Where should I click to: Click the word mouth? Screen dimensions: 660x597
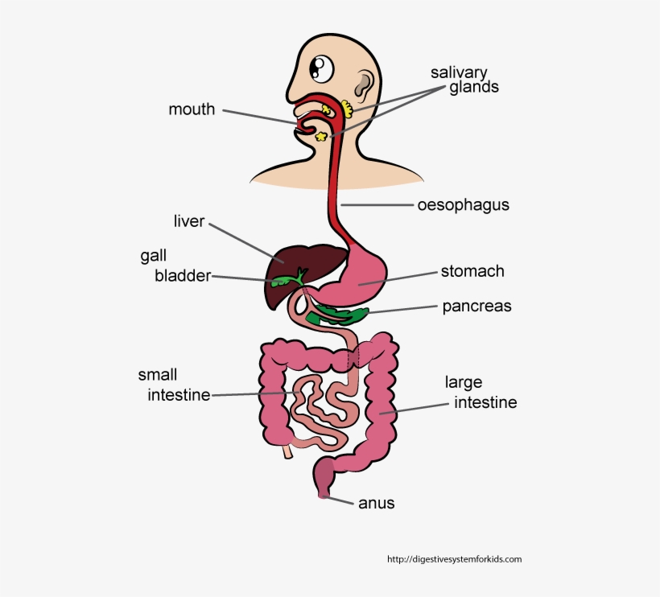[x=192, y=109]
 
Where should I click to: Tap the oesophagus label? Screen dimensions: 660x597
[x=463, y=205]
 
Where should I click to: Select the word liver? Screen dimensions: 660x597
[x=189, y=221]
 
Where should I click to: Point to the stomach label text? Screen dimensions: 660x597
[x=472, y=271]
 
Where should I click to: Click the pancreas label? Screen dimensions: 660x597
[x=476, y=307]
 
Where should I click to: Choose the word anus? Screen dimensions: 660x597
[x=377, y=503]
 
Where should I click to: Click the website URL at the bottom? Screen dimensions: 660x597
[x=454, y=559]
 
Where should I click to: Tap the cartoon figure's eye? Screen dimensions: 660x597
[x=322, y=68]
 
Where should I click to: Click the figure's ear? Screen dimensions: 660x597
[x=365, y=84]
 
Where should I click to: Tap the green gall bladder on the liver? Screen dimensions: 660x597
[x=290, y=278]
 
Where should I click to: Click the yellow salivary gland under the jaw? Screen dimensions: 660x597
[x=321, y=136]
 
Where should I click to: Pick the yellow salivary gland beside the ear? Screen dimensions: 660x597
[x=346, y=109]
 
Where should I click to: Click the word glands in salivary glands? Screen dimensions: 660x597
[x=474, y=88]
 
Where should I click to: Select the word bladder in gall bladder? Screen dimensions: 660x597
[x=183, y=276]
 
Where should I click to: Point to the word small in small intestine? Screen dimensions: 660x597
[x=158, y=374]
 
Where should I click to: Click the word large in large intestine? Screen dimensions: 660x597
[x=464, y=383]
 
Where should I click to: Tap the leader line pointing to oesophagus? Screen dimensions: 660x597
[x=377, y=205]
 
